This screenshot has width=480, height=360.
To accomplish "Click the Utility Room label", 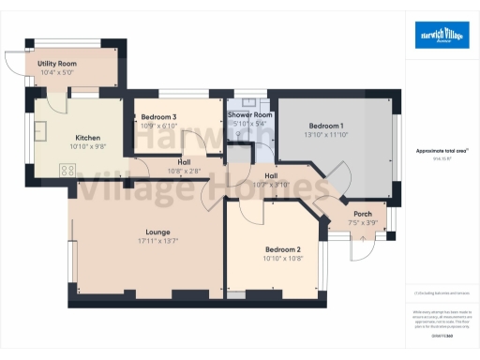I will pos(56,63).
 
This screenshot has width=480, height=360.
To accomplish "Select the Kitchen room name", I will pos(88,137).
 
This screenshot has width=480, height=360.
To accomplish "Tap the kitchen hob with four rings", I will pos(67,169).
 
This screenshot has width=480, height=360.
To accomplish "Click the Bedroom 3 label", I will pos(157,117).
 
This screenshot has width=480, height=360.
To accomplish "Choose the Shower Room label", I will pos(248,113).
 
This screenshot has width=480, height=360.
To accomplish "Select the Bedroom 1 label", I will pos(326,126).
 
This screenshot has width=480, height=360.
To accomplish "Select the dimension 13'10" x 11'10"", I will pos(326,135).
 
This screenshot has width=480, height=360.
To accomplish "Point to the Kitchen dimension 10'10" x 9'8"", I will pos(88,146).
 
